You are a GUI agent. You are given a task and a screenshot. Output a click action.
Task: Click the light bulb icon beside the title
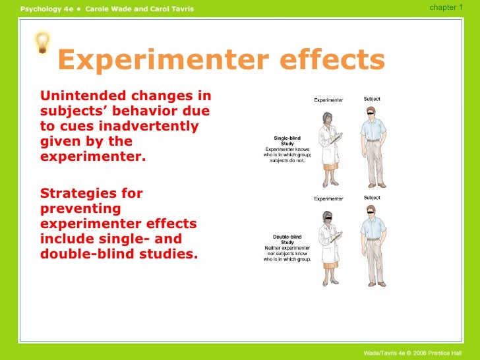pos(42,43)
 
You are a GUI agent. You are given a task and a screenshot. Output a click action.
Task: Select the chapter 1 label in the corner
pos(446,7)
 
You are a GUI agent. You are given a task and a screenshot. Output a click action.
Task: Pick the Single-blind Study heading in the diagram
pos(287,141)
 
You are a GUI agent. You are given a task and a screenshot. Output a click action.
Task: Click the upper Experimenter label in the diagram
pos(328,100)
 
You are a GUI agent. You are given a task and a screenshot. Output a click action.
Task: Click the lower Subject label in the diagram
pos(372,198)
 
